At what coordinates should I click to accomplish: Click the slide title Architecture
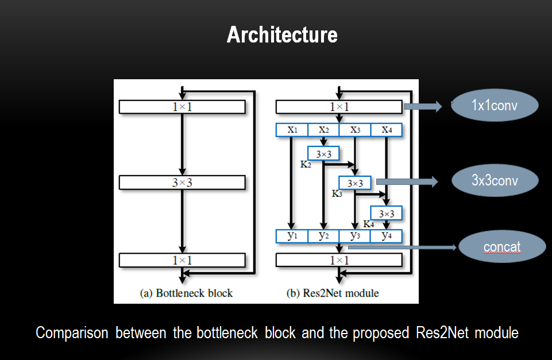(282, 35)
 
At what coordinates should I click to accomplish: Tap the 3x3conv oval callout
(495, 181)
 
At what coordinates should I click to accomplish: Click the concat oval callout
(501, 247)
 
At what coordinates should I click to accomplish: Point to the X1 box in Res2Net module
(292, 130)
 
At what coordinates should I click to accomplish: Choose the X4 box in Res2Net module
(387, 130)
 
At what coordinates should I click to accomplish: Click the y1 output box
(292, 236)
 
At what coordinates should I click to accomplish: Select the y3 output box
(355, 236)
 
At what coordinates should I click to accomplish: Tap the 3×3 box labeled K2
(323, 154)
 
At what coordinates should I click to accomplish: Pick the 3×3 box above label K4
(387, 214)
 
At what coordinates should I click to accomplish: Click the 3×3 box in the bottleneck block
(182, 183)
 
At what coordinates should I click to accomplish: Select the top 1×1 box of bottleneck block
(182, 107)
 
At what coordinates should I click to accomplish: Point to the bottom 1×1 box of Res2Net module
(339, 260)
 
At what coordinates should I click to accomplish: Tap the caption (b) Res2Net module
(333, 293)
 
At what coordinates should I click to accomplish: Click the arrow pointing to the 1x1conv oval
(422, 106)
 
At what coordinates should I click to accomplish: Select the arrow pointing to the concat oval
(402, 248)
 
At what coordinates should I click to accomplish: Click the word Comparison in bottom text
(72, 333)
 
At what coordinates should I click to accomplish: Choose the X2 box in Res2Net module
(323, 130)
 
